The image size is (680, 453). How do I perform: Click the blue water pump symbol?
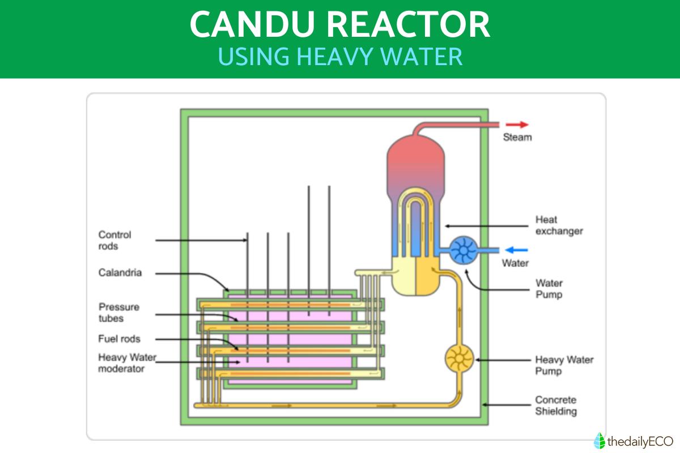464,250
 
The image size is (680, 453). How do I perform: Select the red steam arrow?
516,125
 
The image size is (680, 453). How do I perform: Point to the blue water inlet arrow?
516,250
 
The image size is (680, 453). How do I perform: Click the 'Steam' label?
517,137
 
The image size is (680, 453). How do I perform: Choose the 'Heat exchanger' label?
559,225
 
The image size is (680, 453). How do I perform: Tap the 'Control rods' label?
114,240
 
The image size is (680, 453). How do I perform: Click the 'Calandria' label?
120,273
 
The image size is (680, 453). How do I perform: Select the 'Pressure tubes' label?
119,313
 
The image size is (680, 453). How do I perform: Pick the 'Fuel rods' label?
119,339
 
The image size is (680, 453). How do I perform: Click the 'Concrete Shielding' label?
556,405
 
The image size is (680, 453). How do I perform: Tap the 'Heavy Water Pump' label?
564,365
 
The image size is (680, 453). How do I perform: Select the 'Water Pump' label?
549,289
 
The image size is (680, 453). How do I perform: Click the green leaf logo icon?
599,440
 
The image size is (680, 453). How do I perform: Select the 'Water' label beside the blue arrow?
515,263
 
